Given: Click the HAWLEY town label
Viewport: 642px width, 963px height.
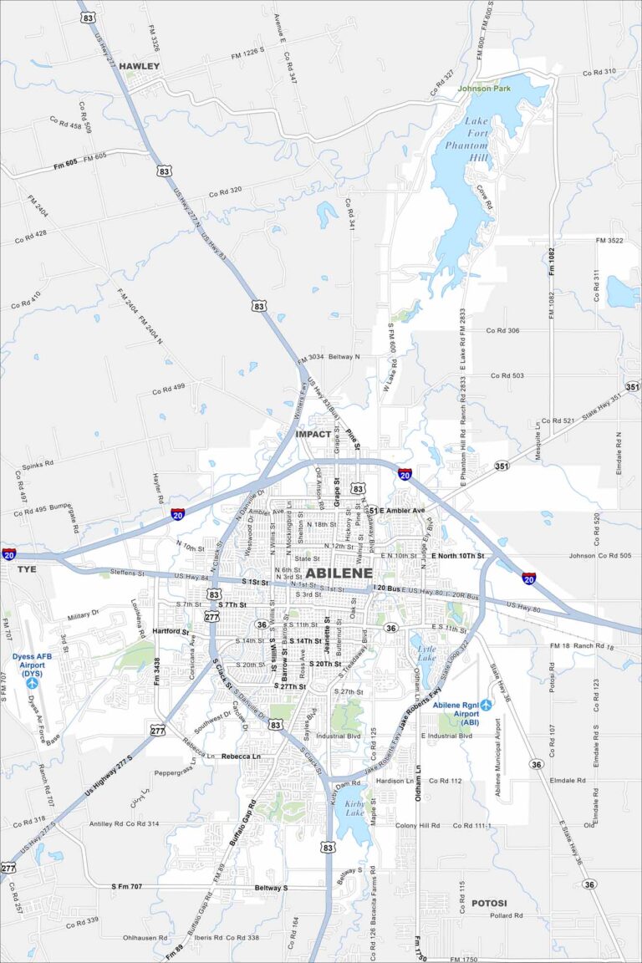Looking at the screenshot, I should click(x=139, y=66).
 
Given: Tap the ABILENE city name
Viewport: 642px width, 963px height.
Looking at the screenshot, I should click(x=339, y=573).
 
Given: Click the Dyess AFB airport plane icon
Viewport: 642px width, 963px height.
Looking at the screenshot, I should click(x=32, y=684).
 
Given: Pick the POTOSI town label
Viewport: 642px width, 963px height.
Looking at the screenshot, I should click(x=489, y=903).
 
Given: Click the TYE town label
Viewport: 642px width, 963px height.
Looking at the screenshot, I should click(x=27, y=568).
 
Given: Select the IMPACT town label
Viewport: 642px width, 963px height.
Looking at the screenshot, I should click(x=313, y=434).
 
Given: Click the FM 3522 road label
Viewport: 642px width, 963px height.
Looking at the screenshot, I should click(x=610, y=241).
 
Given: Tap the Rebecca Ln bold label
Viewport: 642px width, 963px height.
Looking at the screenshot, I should click(x=241, y=756).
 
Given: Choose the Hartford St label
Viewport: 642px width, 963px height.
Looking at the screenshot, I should click(x=171, y=631).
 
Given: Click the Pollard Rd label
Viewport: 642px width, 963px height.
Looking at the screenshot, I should click(x=507, y=915).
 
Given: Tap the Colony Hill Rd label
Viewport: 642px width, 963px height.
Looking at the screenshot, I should click(x=418, y=825).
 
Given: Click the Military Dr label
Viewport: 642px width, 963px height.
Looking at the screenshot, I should click(x=84, y=616).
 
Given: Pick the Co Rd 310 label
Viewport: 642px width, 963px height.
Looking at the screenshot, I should click(x=599, y=72).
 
